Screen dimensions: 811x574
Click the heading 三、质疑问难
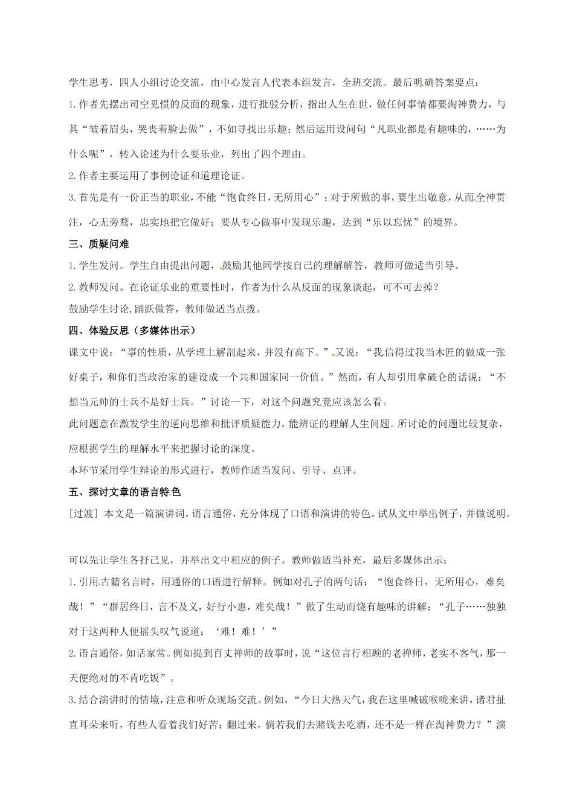99,244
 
